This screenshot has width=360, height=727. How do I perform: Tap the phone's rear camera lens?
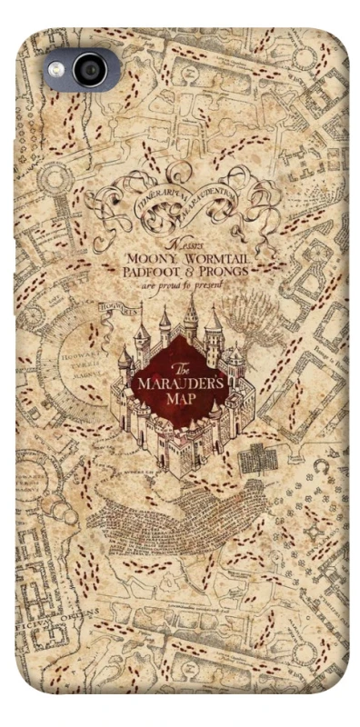pos(90,70)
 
